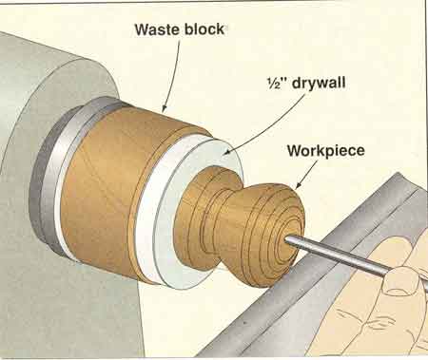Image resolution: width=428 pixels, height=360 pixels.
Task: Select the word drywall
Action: point(319,84)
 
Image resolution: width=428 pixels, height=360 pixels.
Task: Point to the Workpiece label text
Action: point(326,150)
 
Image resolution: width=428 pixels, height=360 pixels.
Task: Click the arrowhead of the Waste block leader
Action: point(165,108)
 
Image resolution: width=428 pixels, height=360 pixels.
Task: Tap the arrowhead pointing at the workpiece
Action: point(299,185)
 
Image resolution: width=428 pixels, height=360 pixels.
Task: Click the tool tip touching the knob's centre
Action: point(287,240)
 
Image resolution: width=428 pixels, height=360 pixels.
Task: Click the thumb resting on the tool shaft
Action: point(400,282)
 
